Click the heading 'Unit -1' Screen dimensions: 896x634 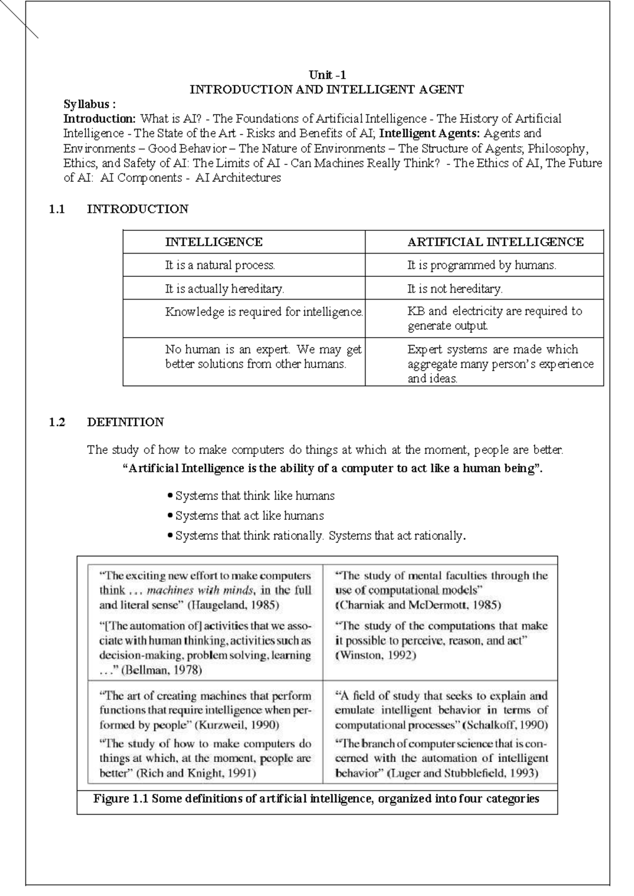pyautogui.click(x=327, y=75)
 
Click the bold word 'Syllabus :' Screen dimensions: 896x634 pyautogui.click(x=89, y=104)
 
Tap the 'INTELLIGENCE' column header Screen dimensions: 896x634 pyautogui.click(x=213, y=242)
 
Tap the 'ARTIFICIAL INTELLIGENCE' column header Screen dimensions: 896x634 pyautogui.click(x=495, y=242)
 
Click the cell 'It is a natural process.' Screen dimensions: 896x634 pyautogui.click(x=220, y=265)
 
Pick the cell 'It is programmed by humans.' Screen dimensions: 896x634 pyautogui.click(x=481, y=265)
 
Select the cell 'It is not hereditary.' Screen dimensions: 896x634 pyautogui.click(x=454, y=289)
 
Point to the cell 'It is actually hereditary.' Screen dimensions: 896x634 pyautogui.click(x=225, y=289)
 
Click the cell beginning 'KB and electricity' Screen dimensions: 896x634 pyautogui.click(x=494, y=318)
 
